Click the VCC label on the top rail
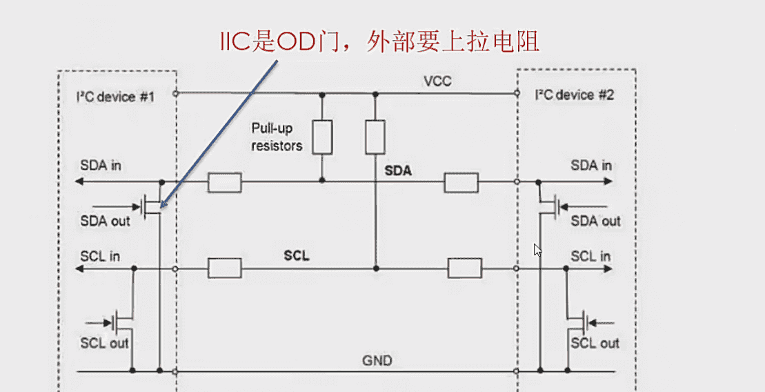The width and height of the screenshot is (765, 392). coord(437,82)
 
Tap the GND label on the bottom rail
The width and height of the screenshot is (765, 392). coord(377,361)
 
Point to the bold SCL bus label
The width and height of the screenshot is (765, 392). coord(297,256)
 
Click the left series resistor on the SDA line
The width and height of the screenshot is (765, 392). coord(224,182)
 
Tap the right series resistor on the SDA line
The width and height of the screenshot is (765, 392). coord(461,182)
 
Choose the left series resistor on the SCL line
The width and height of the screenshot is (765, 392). coord(224,268)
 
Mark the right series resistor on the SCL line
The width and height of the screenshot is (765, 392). coord(464,268)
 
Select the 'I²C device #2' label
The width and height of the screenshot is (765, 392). coord(574,95)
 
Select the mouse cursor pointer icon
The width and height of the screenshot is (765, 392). coord(537,249)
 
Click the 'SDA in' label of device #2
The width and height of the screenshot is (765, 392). coord(591,166)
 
